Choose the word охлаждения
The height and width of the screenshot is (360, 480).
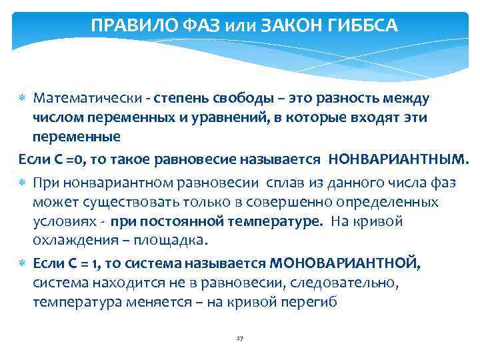click(x=66, y=240)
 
